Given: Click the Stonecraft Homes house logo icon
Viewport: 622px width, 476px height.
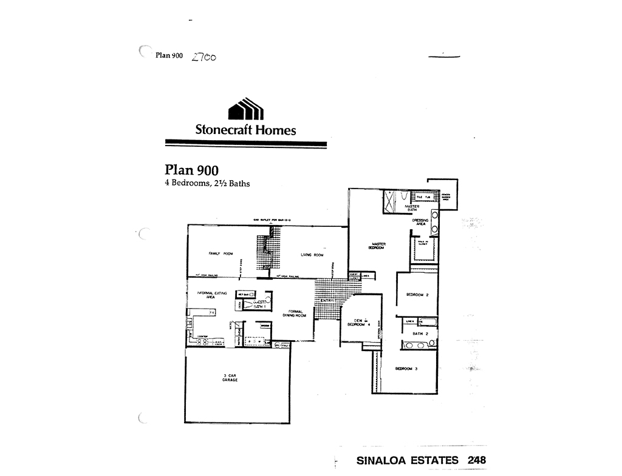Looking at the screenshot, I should (x=246, y=109).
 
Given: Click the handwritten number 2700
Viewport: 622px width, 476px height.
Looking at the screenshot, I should (x=203, y=56).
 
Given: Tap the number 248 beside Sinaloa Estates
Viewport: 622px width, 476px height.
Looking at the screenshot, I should (x=476, y=460).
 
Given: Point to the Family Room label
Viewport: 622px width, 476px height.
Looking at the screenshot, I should (x=220, y=253).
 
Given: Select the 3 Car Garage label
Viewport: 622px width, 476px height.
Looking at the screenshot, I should (x=230, y=378).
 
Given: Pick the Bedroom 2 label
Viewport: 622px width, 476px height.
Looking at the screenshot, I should (x=417, y=295).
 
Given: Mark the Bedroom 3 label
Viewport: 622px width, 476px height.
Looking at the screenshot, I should (x=406, y=369).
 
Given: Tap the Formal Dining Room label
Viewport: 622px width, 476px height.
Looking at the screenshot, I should (x=293, y=313).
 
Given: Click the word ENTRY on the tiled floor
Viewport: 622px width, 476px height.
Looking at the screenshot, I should (x=327, y=300).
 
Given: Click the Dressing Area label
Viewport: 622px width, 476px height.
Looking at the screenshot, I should (x=421, y=222).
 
